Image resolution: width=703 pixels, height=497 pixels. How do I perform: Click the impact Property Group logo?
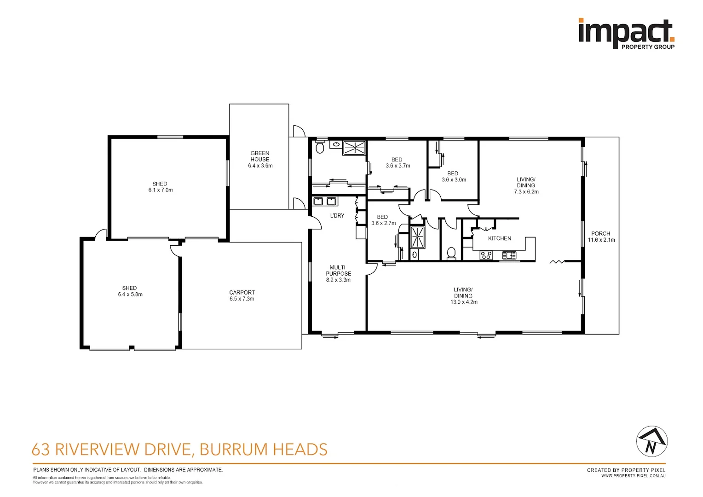626,34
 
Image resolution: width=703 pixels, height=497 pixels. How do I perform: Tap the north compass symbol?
651,441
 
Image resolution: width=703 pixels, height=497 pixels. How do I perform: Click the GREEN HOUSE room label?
260,159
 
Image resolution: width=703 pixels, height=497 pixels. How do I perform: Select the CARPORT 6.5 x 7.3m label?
242,295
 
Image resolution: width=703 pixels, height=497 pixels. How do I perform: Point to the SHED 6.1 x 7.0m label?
160,187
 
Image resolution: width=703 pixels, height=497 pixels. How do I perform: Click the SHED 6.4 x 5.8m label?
130,291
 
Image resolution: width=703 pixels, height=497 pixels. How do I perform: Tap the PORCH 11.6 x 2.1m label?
601,237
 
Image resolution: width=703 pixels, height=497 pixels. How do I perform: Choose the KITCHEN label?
499,238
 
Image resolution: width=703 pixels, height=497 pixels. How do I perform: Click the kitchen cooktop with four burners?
486,255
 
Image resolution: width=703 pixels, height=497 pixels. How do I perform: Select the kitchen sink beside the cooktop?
508,255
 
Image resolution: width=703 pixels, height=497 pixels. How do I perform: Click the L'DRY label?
337,215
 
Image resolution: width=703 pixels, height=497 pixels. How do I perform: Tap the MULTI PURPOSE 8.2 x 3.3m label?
338,273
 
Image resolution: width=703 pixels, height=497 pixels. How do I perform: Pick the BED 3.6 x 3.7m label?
398,163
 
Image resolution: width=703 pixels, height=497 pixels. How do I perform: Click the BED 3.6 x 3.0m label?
453,177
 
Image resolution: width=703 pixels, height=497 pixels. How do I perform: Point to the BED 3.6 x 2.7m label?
383,220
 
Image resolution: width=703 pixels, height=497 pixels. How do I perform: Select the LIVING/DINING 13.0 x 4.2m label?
463,296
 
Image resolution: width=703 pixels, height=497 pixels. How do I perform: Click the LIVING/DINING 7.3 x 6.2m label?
526,185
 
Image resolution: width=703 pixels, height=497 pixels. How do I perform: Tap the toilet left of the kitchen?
451,253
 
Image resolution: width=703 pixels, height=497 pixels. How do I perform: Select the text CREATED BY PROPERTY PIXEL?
626,470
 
